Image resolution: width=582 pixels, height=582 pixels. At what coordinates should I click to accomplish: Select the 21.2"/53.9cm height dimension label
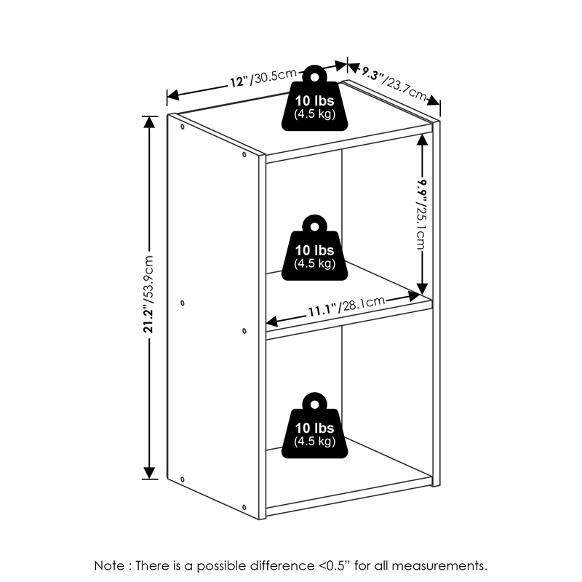tap(148, 294)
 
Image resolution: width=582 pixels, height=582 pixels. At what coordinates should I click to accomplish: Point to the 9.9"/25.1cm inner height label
tap(421, 214)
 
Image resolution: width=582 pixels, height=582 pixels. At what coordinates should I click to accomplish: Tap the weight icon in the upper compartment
tap(314, 247)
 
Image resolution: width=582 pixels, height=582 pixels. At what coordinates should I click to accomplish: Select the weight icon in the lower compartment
tap(314, 426)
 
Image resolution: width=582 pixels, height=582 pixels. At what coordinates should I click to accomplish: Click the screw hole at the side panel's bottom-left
tap(182, 479)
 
